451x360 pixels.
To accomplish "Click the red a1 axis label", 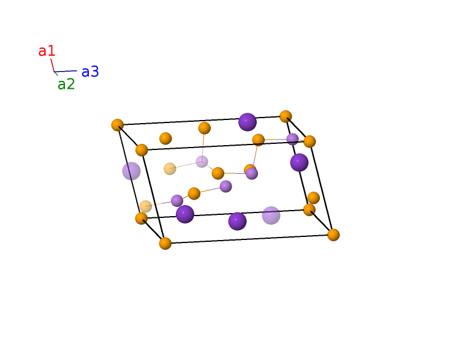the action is click(x=47, y=51).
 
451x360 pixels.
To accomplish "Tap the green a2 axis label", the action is click(x=66, y=84).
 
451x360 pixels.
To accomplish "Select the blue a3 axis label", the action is click(x=90, y=72).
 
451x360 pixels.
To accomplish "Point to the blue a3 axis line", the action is click(x=66, y=71).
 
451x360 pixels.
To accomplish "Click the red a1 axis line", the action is click(x=52, y=66).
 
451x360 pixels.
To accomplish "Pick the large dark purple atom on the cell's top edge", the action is click(x=248, y=122).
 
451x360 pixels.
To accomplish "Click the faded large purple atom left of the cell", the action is click(x=132, y=171).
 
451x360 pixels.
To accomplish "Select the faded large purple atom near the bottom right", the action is click(x=271, y=215).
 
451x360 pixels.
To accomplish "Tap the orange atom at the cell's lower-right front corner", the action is click(x=333, y=234).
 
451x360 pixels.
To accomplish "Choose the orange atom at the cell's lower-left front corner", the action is click(x=165, y=243).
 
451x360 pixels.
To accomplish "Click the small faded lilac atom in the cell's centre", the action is click(x=202, y=162).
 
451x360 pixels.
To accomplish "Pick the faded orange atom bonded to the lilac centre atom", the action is click(x=170, y=168).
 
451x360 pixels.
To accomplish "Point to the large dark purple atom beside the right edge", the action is click(x=299, y=162).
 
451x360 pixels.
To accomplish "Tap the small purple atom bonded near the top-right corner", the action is click(x=292, y=140).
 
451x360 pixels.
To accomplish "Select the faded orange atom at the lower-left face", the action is click(x=146, y=206).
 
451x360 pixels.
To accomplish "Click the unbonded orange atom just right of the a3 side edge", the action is click(x=314, y=198).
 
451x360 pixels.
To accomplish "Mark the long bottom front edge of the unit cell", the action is click(x=249, y=239).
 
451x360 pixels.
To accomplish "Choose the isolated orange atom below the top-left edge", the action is click(x=165, y=138).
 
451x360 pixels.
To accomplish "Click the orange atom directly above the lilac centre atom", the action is click(x=204, y=128).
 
